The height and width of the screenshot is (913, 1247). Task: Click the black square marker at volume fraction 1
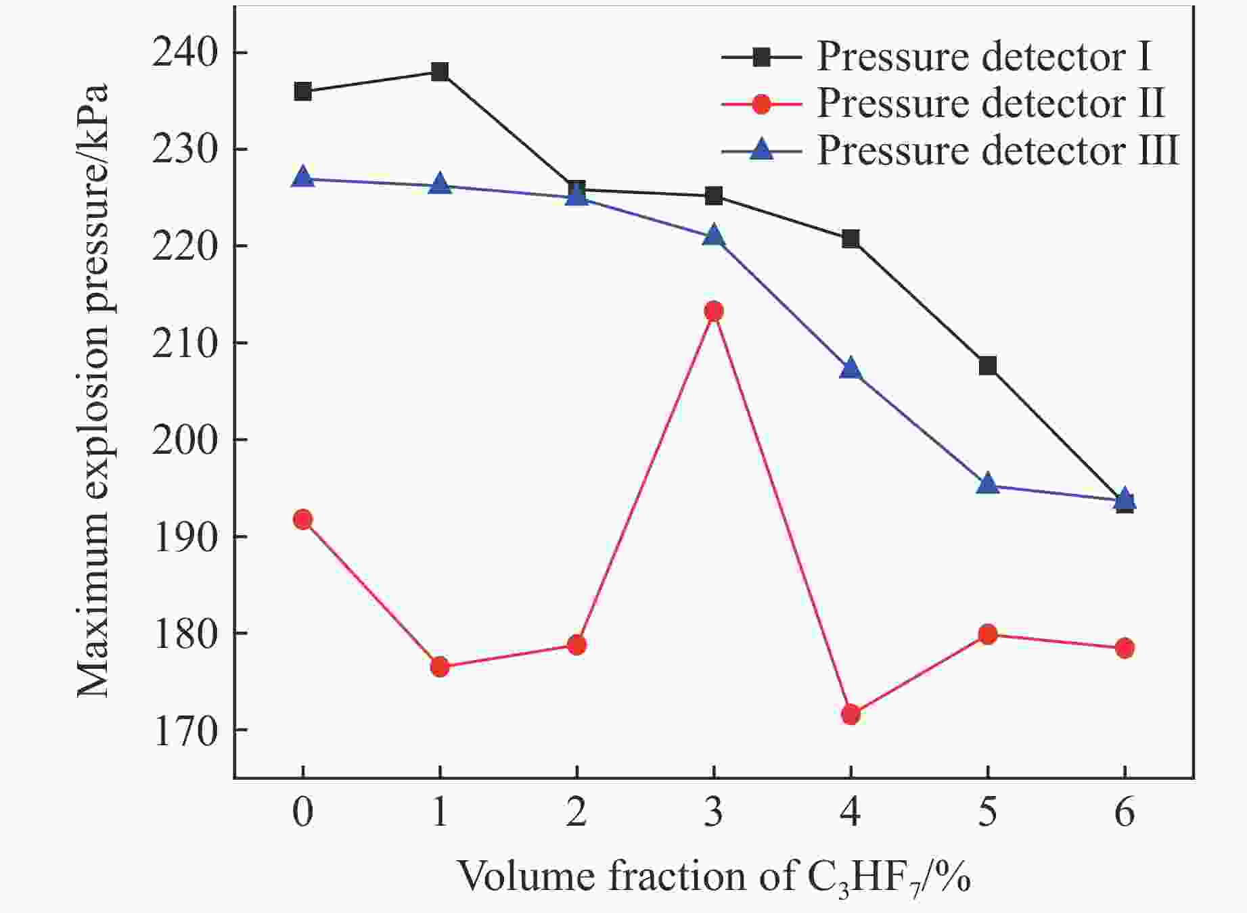[440, 72]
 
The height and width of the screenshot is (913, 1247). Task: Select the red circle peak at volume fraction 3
[714, 311]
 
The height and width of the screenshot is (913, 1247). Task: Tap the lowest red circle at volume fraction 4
[851, 714]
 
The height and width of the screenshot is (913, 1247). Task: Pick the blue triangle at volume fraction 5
[988, 484]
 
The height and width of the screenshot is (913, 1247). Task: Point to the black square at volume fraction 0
[302, 91]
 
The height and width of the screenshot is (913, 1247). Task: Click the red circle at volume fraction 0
[302, 519]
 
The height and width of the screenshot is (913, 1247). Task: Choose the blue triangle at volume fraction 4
[851, 369]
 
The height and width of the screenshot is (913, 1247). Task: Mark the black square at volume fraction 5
[988, 366]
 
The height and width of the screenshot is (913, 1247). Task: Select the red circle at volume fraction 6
[1125, 648]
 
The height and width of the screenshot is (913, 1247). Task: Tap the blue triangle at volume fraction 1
[440, 183]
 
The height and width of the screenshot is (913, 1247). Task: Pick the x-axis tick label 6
[1125, 812]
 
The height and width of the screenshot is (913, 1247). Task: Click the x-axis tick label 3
[714, 812]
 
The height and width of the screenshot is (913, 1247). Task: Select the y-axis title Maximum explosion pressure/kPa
[92, 391]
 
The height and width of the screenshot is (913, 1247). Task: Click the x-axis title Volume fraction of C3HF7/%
[714, 876]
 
